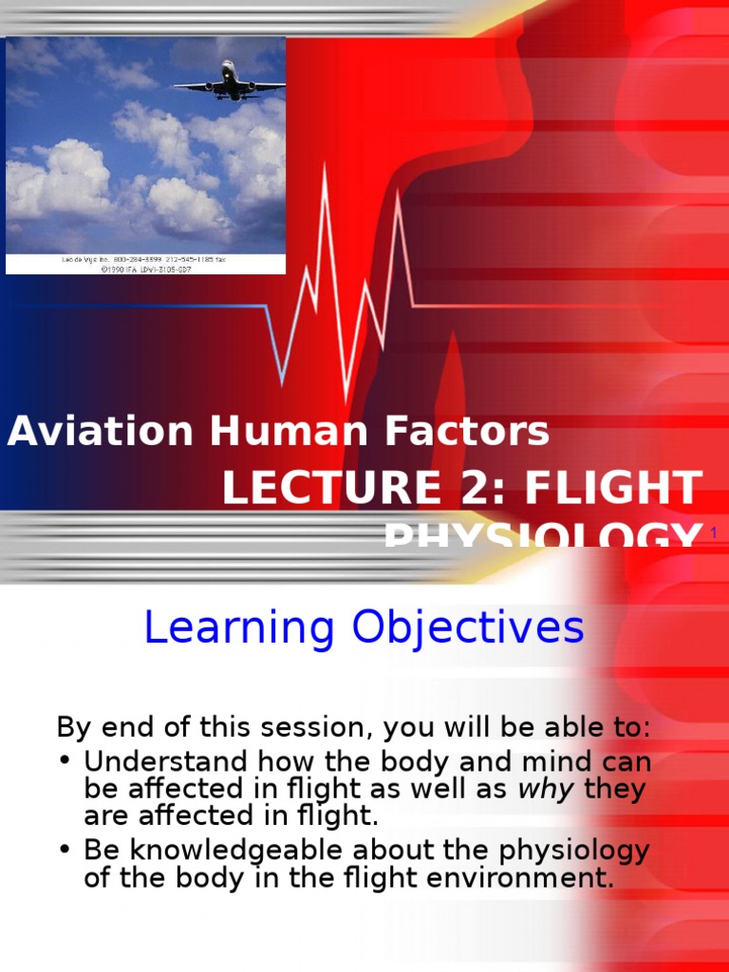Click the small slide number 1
click(x=713, y=536)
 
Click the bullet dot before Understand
click(x=65, y=762)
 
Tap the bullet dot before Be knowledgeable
click(x=65, y=850)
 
